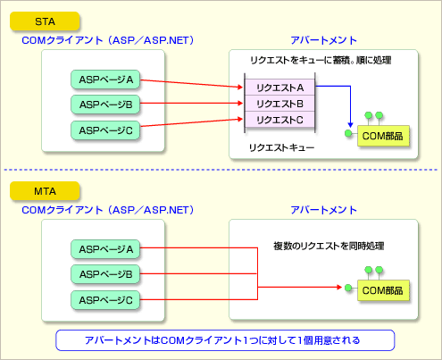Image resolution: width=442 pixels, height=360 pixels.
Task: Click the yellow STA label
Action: tap(45, 21)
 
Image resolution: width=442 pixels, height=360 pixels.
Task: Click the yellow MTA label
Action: tap(45, 191)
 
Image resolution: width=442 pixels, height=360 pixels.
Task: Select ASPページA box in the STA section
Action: tap(105, 80)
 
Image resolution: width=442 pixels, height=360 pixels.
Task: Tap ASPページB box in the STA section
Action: tap(105, 105)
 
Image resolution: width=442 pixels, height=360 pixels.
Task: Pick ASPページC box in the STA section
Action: tap(105, 130)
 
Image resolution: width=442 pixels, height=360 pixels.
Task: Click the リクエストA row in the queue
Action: tap(279, 88)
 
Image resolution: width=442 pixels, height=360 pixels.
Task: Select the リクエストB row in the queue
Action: tap(279, 104)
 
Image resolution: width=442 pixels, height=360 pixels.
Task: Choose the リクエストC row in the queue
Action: tap(279, 120)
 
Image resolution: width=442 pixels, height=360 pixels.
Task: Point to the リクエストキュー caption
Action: tap(281, 147)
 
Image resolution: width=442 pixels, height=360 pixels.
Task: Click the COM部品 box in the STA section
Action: tap(383, 136)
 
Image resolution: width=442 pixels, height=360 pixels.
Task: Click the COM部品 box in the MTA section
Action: tap(383, 290)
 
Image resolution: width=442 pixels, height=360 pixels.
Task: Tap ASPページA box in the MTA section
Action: tap(105, 249)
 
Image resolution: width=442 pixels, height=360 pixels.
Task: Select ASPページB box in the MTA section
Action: tap(105, 274)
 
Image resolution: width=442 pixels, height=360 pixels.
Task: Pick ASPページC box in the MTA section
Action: tap(105, 300)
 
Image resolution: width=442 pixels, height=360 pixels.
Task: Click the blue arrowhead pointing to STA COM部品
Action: tap(350, 124)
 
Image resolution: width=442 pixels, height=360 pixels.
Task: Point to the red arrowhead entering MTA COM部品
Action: tap(339, 287)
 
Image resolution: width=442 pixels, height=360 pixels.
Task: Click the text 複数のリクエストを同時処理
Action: tap(329, 246)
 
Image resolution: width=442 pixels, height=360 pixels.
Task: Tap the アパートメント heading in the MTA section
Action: tap(323, 210)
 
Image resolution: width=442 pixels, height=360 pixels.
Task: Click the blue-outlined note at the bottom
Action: tap(225, 340)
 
